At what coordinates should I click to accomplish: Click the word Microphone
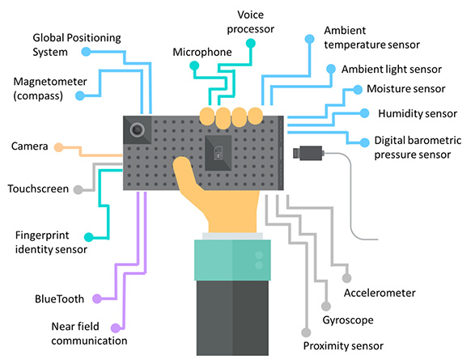(202, 52)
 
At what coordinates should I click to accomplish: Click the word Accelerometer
(380, 292)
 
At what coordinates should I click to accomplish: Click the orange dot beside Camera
(57, 147)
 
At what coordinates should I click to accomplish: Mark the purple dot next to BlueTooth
(97, 299)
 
